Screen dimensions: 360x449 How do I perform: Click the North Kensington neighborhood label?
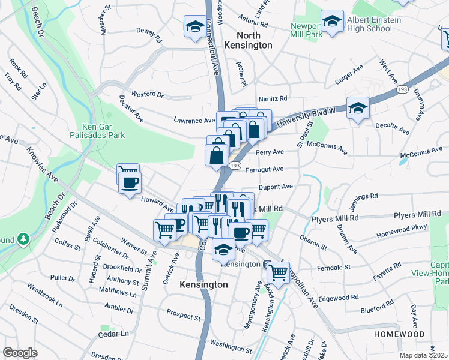coord(248,40)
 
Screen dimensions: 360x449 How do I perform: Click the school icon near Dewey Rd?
coord(194,27)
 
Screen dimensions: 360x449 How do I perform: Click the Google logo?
coord(20,353)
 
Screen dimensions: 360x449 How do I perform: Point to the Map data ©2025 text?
coord(424,355)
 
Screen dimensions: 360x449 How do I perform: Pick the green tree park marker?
coord(23,239)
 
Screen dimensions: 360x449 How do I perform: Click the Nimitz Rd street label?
coord(273,98)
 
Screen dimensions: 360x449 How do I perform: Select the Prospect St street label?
coord(183,315)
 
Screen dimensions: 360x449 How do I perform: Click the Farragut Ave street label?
coord(265,169)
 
